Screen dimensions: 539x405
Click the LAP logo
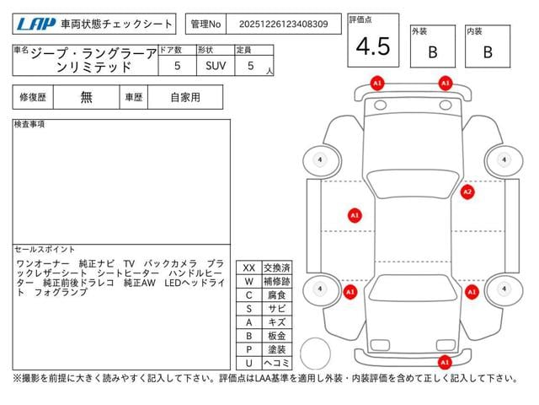point(36,24)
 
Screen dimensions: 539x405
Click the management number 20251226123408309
point(283,24)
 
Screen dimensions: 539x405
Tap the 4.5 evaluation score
point(373,46)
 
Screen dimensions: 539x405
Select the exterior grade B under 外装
point(433,52)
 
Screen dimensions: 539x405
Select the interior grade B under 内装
point(488,52)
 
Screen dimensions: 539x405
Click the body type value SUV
point(216,66)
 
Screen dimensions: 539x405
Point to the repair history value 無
point(86,97)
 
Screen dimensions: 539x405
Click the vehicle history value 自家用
point(185,98)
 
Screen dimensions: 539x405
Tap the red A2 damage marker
point(467,192)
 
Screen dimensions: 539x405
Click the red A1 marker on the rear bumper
point(445,362)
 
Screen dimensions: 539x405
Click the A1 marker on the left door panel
point(355,216)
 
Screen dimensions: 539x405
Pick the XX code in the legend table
point(249,268)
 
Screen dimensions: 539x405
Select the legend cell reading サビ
point(277,309)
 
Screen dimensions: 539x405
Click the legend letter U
point(249,363)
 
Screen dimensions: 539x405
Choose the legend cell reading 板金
point(277,336)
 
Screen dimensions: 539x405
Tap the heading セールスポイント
point(45,250)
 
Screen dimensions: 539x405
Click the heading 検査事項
point(29,124)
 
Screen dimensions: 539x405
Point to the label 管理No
point(205,24)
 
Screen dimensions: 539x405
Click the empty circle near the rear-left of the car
point(315,354)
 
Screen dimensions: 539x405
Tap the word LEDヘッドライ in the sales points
point(195,283)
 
